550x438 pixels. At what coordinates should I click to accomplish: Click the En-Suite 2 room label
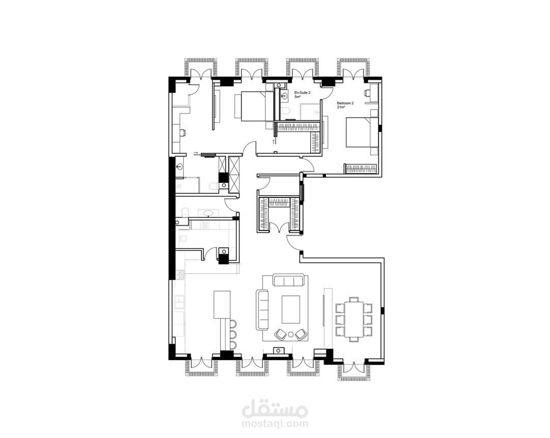(302, 93)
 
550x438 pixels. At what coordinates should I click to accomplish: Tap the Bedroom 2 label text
(345, 103)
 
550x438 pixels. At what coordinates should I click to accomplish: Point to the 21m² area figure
(341, 107)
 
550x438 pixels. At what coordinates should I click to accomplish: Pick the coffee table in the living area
(291, 309)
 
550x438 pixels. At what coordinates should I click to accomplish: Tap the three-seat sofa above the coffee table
(288, 281)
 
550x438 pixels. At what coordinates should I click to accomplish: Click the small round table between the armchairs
(291, 335)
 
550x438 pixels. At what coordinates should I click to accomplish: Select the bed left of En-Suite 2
(254, 106)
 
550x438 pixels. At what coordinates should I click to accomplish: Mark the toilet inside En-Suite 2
(286, 111)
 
